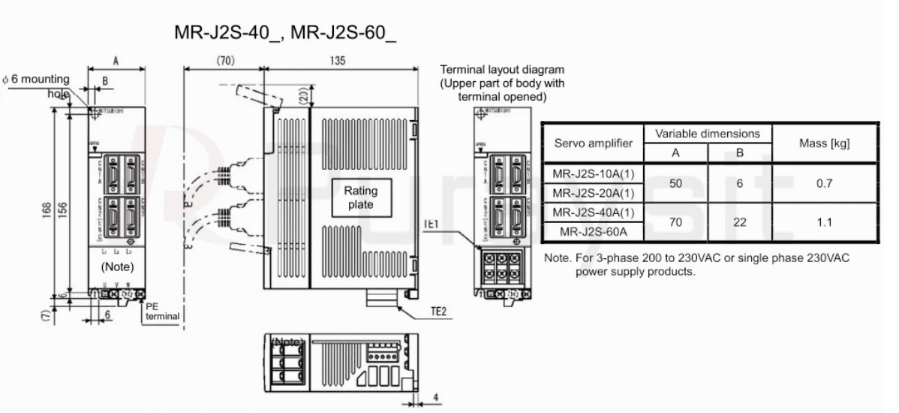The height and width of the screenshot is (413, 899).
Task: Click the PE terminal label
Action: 162,312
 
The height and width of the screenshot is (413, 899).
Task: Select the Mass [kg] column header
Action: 825,143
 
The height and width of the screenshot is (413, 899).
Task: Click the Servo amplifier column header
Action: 593,143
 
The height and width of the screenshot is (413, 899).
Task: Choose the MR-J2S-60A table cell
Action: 593,233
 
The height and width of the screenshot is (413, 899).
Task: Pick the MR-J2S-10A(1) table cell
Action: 593,173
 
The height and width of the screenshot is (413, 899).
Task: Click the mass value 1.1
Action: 825,222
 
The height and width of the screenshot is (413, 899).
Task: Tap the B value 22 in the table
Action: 739,222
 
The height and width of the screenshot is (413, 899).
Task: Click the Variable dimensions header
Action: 708,134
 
